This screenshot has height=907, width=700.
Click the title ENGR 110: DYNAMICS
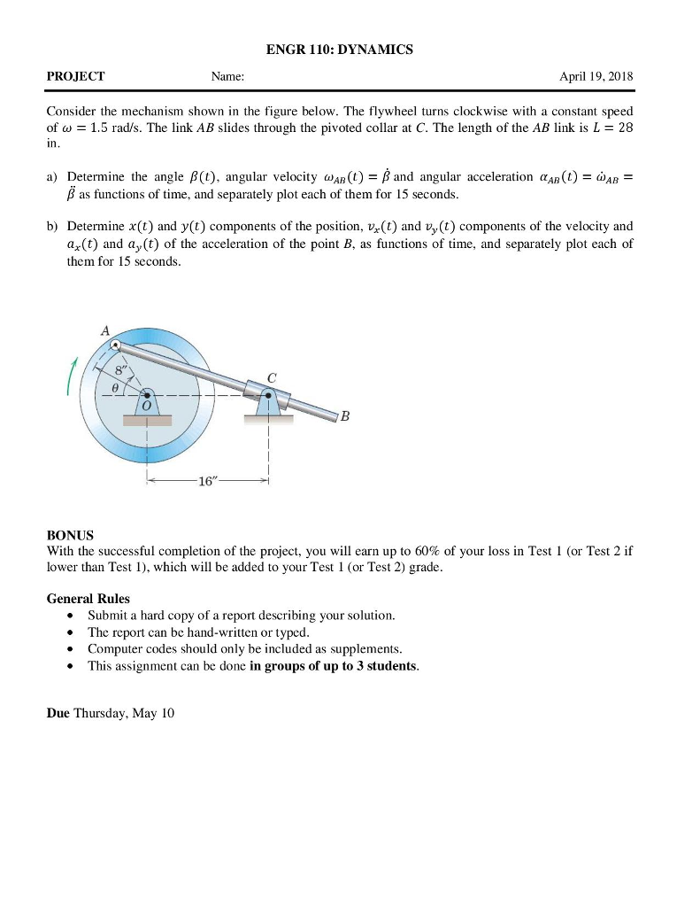340,50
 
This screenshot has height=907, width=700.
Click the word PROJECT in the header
75,77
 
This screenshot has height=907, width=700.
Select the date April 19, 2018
596,77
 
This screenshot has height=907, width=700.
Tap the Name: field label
227,77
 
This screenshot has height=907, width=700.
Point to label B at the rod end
344,420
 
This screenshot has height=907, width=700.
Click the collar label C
272,377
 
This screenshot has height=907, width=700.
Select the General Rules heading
88,599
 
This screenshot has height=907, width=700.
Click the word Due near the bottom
58,713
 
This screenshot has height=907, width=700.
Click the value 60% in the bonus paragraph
420,551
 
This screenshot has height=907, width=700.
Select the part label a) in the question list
52,177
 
